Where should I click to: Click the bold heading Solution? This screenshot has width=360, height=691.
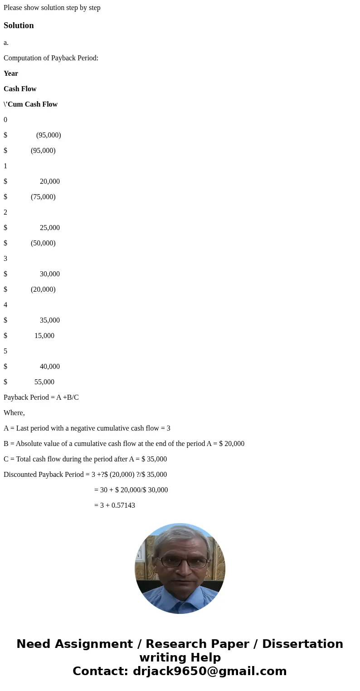[x=19, y=25]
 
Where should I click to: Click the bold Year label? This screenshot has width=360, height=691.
[x=11, y=74]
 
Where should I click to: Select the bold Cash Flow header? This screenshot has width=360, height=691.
[x=20, y=89]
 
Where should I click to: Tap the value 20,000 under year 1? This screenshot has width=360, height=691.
[x=49, y=181]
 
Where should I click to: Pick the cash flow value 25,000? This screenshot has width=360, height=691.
[x=49, y=228]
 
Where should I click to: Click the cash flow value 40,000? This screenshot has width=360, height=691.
[x=49, y=367]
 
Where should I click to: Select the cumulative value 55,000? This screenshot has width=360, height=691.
[x=44, y=382]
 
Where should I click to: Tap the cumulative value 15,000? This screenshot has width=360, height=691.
[x=44, y=336]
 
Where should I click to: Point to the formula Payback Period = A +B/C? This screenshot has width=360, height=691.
[x=41, y=397]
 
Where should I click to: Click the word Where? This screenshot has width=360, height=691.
[x=14, y=413]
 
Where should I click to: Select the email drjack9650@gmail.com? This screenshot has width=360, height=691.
[x=209, y=671]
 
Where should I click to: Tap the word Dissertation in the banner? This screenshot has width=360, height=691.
[x=302, y=644]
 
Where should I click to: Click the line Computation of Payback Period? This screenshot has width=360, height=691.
[x=51, y=58]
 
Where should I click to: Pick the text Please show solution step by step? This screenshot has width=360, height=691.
[x=52, y=8]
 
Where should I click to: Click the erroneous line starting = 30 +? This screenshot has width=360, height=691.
[x=131, y=490]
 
